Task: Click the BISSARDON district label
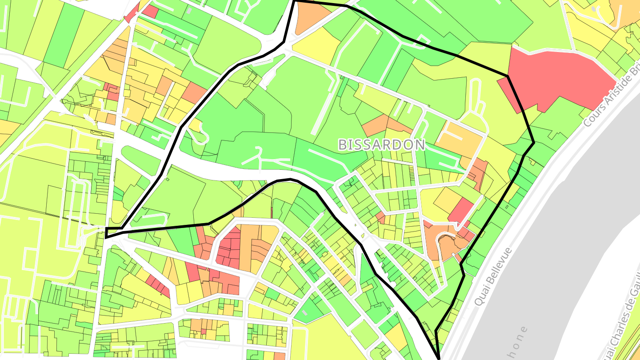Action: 381,144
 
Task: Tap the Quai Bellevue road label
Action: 493,276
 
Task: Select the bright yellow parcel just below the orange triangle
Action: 317,45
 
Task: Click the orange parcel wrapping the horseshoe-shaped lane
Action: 444,242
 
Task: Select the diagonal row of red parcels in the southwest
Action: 158,285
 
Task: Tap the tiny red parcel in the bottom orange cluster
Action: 204,331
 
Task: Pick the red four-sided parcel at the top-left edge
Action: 150,12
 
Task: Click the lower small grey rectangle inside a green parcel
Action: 304,314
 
